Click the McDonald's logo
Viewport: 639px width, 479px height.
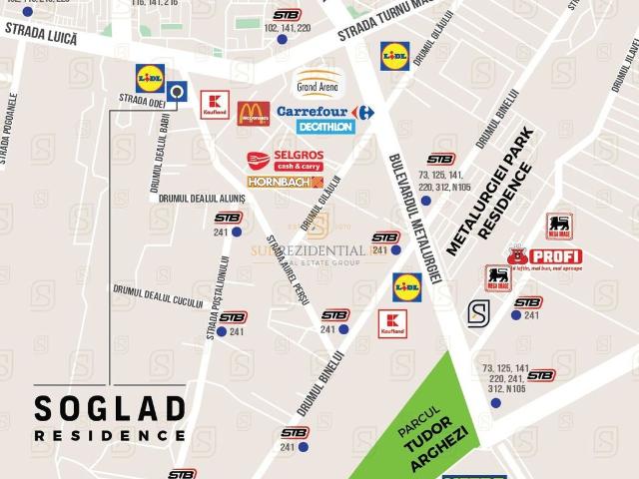point(253,114)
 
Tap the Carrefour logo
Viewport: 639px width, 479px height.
point(324,112)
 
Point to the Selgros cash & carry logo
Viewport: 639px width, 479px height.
point(285,161)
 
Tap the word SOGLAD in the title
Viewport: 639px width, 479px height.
point(110,408)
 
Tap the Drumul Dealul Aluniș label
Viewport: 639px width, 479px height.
point(199,198)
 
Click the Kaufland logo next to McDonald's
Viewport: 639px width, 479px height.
point(214,105)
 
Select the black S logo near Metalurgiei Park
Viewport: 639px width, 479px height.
point(478,311)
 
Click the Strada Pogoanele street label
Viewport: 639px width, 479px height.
point(9,129)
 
